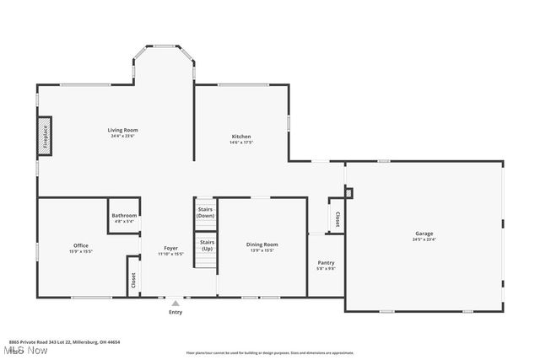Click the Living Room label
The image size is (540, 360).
[122, 130]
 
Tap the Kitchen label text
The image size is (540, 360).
[241, 137]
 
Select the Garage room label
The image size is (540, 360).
[424, 234]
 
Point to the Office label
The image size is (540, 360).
[81, 245]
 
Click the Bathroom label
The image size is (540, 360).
[123, 216]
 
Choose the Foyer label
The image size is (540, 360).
[171, 248]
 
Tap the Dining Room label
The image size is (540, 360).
[262, 244]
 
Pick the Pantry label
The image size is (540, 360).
[326, 263]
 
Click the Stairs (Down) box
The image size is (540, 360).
[206, 212]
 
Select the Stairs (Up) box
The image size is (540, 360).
[207, 245]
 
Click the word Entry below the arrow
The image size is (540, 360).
[175, 313]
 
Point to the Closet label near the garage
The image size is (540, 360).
[337, 218]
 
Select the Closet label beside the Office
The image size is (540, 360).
[132, 279]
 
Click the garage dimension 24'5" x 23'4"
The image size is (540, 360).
[424, 239]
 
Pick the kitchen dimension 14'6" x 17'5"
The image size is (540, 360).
[241, 142]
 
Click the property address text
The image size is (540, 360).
[64, 341]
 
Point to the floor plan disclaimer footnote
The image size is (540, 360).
[269, 352]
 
